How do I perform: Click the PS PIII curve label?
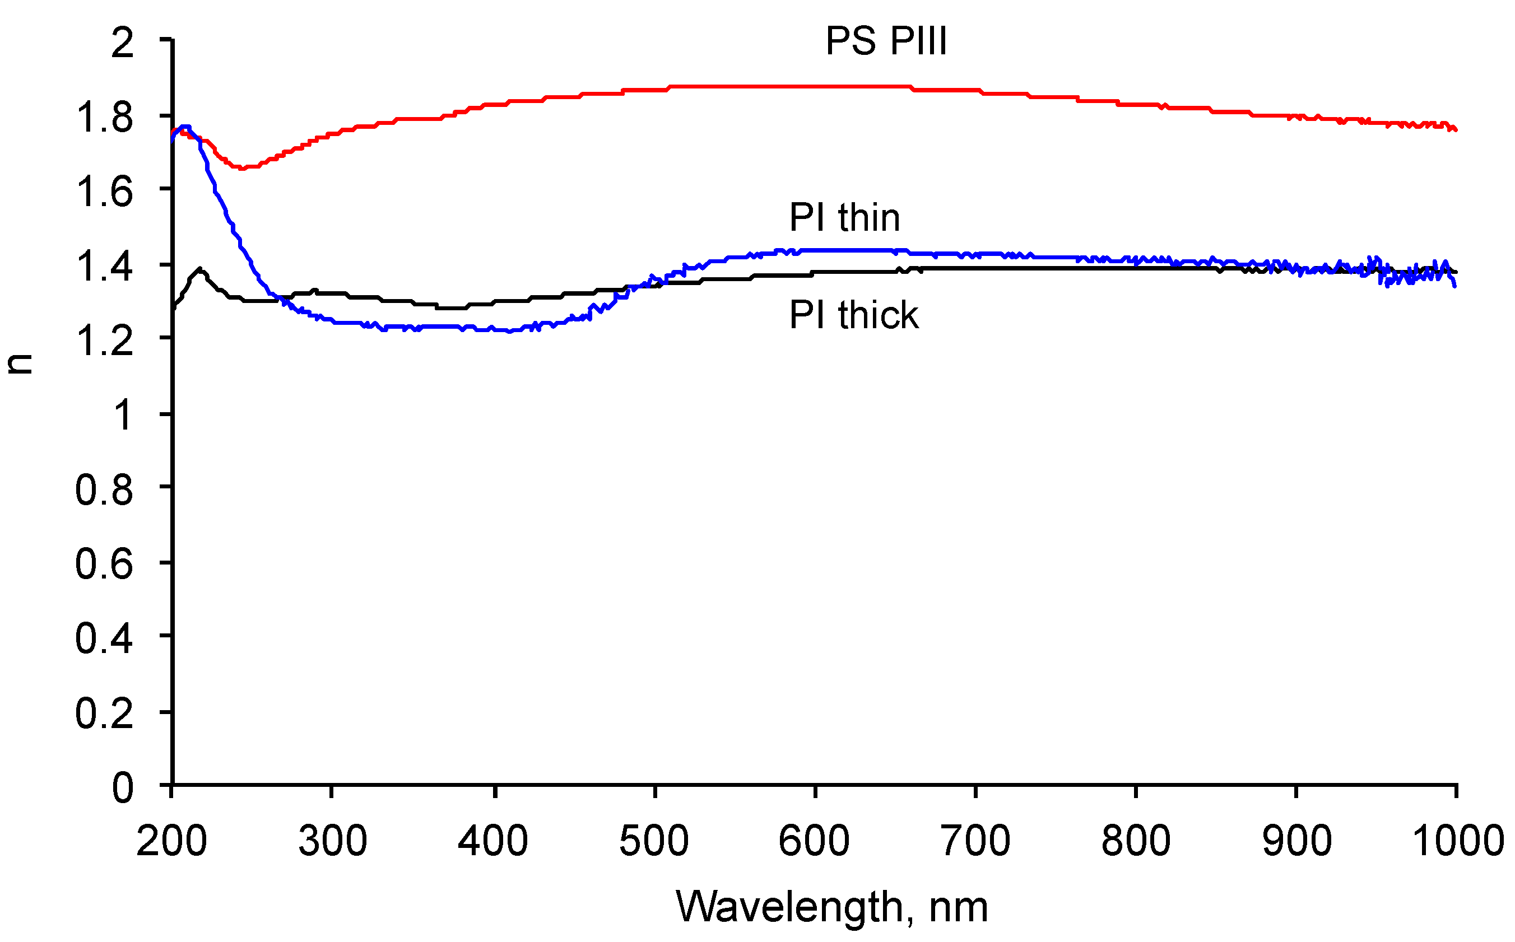pos(886,43)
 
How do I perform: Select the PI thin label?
pos(844,218)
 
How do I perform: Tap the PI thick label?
pos(853,315)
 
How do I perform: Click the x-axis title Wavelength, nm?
pos(832,907)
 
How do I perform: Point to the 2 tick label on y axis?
pos(122,44)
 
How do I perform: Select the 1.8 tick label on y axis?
pos(104,118)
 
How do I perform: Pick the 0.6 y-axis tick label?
pos(104,565)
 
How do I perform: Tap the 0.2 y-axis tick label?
pos(104,714)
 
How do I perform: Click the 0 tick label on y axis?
pos(122,788)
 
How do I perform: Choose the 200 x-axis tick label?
pos(171,841)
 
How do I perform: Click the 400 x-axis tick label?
pos(493,841)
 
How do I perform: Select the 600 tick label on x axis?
pos(814,841)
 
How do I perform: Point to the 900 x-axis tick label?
pos(1296,841)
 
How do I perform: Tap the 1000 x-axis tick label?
pos(1457,841)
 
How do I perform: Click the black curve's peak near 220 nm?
pos(199,269)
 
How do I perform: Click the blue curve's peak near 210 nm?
pos(184,127)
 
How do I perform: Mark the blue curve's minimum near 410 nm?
pos(510,332)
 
